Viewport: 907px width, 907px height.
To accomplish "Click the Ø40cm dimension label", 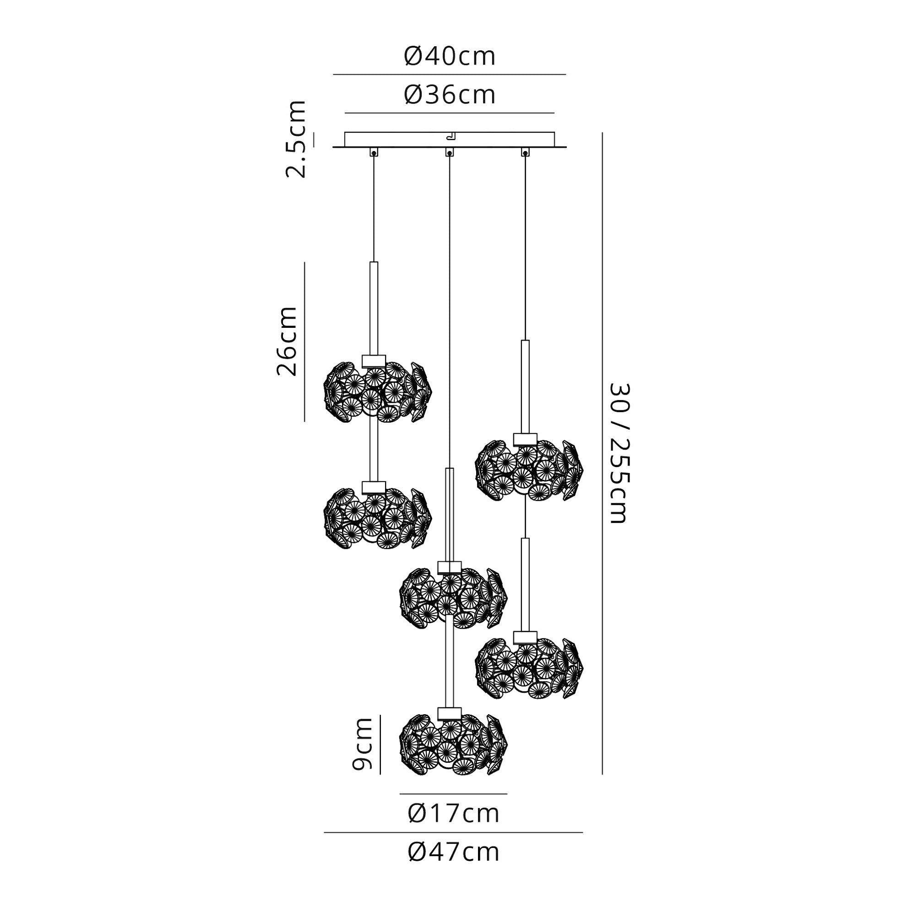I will coord(449,57).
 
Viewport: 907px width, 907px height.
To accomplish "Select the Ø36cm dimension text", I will coord(449,95).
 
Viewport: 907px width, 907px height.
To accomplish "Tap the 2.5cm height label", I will coord(296,139).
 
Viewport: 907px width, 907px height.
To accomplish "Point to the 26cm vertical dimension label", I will coord(287,341).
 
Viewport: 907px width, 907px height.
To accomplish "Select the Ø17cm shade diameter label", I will coord(453,814).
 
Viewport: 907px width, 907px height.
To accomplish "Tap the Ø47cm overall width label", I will coord(453,865).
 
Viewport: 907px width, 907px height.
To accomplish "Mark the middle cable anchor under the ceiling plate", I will coord(449,152).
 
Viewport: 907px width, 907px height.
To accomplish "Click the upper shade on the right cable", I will coord(529,471).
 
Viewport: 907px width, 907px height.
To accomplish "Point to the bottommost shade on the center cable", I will coord(453,746).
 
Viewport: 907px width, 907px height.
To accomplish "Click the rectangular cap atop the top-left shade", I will coord(374,360).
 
